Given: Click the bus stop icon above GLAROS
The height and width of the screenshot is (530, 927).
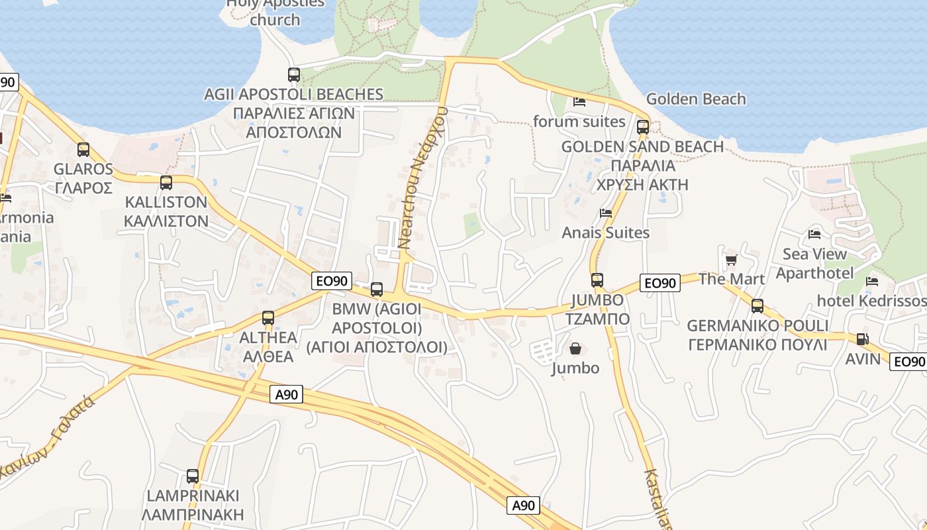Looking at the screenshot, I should tap(83, 150).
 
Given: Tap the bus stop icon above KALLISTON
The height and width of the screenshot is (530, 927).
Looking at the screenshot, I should tap(166, 183).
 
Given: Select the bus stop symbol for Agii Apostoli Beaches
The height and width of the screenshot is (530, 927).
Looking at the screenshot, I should tap(294, 75).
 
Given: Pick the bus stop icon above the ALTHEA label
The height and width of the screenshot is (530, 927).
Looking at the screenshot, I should tap(268, 318).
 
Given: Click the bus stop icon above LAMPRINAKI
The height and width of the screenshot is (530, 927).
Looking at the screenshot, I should tap(193, 476).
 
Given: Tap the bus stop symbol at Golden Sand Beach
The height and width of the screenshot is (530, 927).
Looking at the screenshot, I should tap(642, 127).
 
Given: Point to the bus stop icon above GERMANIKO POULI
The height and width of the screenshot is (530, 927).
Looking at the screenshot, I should tap(757, 306).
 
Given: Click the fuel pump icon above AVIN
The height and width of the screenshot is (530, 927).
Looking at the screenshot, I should tap(862, 339).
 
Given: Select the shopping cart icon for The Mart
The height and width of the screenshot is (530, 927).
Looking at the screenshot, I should tap(731, 260).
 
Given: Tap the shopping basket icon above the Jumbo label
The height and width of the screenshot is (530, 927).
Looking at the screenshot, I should tap(575, 348).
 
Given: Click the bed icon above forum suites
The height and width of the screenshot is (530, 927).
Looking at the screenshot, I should tap(579, 102).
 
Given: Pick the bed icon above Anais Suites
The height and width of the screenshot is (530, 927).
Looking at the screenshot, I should tap(605, 213).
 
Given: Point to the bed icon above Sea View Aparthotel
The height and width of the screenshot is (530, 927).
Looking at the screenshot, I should tap(814, 235).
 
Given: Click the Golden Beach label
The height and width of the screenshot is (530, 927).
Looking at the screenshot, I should tap(695, 99).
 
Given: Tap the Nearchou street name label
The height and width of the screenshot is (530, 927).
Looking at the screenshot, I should tap(423, 178).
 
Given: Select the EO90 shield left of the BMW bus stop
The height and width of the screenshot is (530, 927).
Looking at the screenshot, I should tap(331, 281).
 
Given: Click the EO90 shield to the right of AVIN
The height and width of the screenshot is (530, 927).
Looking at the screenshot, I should tap(908, 362).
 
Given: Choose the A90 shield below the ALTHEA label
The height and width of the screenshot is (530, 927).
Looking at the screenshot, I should tap(286, 395).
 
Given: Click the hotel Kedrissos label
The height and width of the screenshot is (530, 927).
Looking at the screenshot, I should tap(871, 301).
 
